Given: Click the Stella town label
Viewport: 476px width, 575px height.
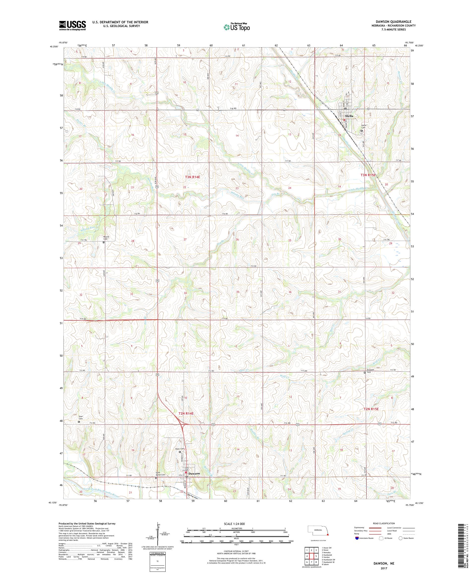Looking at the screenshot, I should [349, 116].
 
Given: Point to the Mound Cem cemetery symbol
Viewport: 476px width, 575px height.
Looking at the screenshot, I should [104, 242].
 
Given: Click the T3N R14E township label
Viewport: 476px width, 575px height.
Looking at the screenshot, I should [193, 177].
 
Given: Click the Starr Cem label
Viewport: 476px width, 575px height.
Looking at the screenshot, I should [81, 418].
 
